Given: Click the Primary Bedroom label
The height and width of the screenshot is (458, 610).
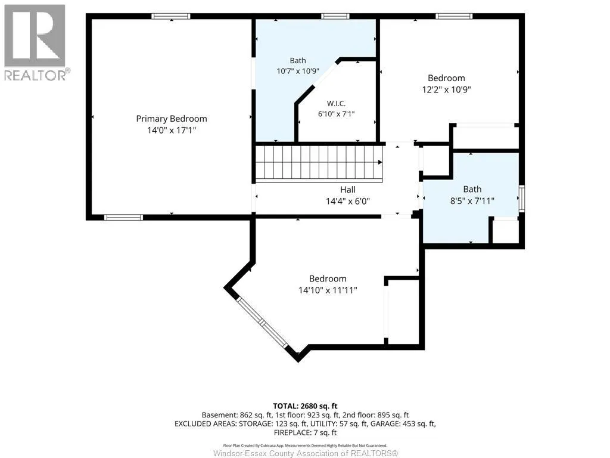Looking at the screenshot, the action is point(172,119).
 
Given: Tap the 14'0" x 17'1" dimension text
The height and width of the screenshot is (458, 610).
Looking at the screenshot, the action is point(172,130).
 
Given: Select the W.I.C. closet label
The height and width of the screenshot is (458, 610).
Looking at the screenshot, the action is point(336,103).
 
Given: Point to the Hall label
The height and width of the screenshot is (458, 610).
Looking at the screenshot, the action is point(348,190).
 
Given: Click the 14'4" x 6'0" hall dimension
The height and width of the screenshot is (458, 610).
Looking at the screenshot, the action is point(348,201).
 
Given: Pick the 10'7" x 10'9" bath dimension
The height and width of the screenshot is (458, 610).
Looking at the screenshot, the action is point(298,72).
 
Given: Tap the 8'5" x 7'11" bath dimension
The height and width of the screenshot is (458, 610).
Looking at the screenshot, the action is point(472,201).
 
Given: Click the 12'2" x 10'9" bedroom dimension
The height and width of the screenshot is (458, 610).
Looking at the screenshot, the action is point(447,89).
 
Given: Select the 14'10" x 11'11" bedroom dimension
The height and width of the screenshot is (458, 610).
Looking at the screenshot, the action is point(328,290).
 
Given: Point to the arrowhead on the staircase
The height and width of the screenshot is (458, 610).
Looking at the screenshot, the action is point(379,162).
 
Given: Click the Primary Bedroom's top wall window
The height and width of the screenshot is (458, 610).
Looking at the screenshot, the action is point(171,16).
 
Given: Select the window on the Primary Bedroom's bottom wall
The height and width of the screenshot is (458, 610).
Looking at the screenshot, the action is point(123,217).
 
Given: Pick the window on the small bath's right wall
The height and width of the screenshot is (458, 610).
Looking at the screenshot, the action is point(522,199).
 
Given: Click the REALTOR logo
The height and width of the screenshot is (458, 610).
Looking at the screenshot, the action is point(36,42).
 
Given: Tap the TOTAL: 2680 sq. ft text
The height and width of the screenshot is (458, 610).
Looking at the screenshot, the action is point(305,406).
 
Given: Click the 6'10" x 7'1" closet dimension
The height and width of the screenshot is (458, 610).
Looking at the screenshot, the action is point(337,114).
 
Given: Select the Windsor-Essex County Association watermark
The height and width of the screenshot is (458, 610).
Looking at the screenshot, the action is point(306,453).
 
